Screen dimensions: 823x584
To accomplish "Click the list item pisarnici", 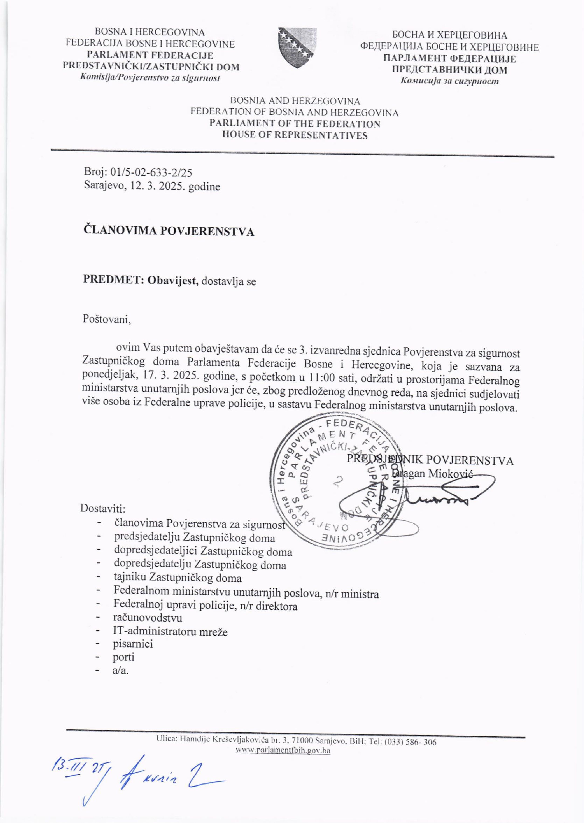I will coord(133,644).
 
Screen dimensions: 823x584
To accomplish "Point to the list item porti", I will coord(124,657).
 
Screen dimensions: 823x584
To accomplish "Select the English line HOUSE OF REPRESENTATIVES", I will coord(295,135).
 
